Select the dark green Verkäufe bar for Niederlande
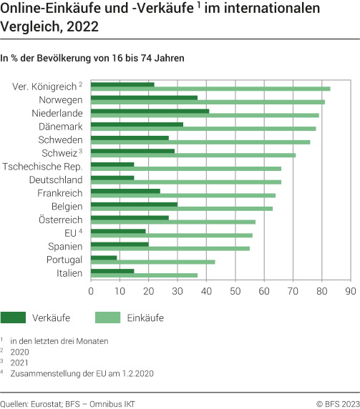tap(150, 111)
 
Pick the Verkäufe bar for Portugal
tap(104, 257)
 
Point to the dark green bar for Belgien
tap(134, 204)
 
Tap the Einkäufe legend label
tap(146, 317)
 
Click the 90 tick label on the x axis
tap(350, 292)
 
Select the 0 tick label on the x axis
tap(91, 292)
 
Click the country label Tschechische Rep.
tap(42, 167)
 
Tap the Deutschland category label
tap(56, 180)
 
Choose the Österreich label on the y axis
tap(59, 220)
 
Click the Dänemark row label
tap(60, 127)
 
